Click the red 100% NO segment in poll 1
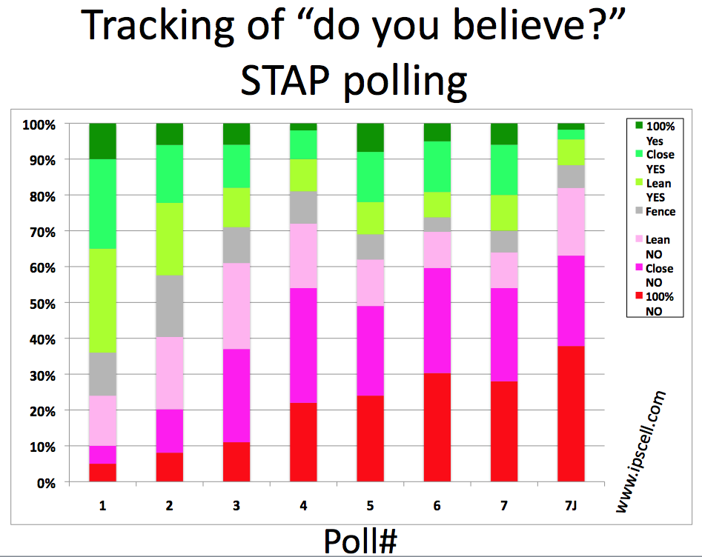pos(102,473)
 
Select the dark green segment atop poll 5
pos(370,137)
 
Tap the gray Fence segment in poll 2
pos(170,306)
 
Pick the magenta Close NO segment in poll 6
pos(437,320)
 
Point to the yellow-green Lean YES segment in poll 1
pos(102,301)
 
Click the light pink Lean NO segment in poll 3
pos(236,306)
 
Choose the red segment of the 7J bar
pos(572,414)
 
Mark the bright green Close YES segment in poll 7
pos(504,170)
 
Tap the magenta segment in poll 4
pos(303,345)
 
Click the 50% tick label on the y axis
pos(42,304)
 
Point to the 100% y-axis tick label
pos(39,125)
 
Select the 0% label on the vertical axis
pos(46,483)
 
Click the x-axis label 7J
pos(571,506)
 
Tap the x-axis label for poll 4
pos(303,506)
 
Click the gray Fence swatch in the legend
pos(639,210)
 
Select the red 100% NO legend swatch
pos(639,296)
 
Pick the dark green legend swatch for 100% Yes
pos(639,125)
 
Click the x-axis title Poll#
pos(360,541)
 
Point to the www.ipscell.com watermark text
pos(641,451)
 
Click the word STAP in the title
pos(285,81)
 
